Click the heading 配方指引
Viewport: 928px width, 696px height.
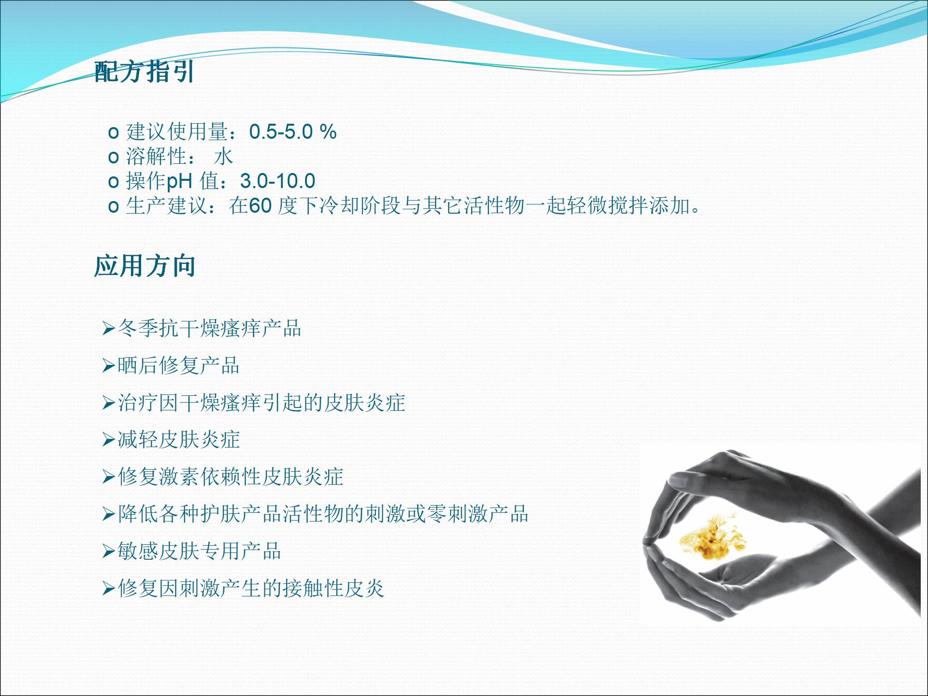pyautogui.click(x=144, y=72)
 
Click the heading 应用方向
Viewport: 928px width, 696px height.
pyautogui.click(x=145, y=266)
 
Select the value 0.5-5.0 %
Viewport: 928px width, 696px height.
pyautogui.click(x=293, y=131)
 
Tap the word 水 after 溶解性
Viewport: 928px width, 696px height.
pyautogui.click(x=224, y=156)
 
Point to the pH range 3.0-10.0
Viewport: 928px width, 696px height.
pyautogui.click(x=278, y=181)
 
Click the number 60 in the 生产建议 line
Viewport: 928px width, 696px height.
pyautogui.click(x=261, y=206)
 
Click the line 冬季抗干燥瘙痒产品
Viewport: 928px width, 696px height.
pyautogui.click(x=209, y=329)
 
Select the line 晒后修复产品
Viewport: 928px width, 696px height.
pyautogui.click(x=179, y=365)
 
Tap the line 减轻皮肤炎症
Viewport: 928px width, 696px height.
pyautogui.click(x=179, y=440)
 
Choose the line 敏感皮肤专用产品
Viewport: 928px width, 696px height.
pyautogui.click(x=199, y=551)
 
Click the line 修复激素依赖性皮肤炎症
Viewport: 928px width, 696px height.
pyautogui.click(x=230, y=477)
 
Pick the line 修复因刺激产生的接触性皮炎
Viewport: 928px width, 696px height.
pyautogui.click(x=251, y=588)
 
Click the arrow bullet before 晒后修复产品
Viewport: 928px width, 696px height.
pyautogui.click(x=108, y=366)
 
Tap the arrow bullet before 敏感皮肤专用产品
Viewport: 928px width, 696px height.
pyautogui.click(x=108, y=551)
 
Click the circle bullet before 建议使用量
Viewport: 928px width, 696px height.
pyautogui.click(x=114, y=132)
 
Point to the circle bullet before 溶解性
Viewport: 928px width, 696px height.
pyautogui.click(x=114, y=157)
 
